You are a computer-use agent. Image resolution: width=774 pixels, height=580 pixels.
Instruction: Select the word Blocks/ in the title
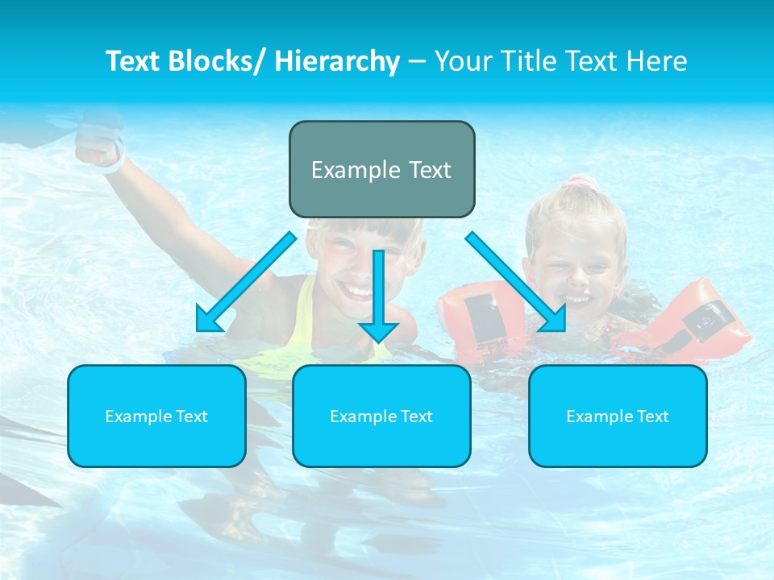tap(216, 61)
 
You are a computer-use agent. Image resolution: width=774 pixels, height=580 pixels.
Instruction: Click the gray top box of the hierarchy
tap(381, 169)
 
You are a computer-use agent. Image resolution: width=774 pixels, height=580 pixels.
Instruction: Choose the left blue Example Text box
tap(156, 416)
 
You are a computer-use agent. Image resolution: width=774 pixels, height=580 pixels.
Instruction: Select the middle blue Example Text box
tap(381, 416)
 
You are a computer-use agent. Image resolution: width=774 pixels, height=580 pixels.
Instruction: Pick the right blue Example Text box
tap(618, 416)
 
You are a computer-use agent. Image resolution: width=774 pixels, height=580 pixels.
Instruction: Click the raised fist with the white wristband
tap(98, 145)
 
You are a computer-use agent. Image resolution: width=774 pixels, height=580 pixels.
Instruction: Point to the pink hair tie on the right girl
tap(577, 184)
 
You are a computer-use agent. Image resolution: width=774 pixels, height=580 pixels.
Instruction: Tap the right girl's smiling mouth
tap(576, 299)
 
